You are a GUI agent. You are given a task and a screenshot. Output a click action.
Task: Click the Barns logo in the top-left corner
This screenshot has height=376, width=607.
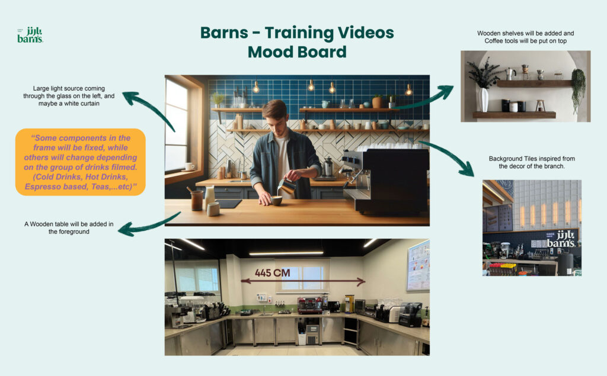click(30, 35)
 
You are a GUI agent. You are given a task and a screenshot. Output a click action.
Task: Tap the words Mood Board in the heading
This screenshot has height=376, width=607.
click(297, 52)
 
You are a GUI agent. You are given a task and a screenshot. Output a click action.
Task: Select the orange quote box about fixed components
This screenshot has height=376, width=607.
click(81, 162)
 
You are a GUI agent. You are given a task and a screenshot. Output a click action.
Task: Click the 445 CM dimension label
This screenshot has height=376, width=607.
click(272, 273)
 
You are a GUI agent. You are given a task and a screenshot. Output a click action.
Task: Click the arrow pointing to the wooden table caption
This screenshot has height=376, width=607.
click(149, 226)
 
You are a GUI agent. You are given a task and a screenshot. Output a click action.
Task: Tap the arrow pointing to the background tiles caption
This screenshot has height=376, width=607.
click(449, 155)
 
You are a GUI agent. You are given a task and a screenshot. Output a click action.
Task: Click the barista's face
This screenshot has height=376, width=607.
click(275, 118)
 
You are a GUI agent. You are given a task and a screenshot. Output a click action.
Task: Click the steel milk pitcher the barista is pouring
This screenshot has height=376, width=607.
click(287, 186)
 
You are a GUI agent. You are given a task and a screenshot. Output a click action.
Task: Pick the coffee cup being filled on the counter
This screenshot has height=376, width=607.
click(276, 200)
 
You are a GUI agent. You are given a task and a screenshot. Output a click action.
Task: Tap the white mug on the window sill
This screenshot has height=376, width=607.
click(189, 167)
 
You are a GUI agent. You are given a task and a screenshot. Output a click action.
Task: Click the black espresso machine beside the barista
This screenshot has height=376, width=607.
click(385, 180)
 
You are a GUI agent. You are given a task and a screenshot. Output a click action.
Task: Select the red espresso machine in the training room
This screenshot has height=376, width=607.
click(309, 305)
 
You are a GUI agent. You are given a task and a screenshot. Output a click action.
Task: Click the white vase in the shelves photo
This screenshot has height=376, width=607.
click(484, 99)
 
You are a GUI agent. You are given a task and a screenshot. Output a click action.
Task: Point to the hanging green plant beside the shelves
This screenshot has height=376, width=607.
click(578, 89)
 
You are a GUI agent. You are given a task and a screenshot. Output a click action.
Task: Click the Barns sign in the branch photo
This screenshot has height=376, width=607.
click(561, 239)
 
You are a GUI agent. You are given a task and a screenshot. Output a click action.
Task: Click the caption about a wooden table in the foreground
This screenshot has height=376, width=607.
click(69, 228)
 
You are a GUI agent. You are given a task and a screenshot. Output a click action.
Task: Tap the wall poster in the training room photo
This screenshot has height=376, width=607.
click(418, 266)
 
